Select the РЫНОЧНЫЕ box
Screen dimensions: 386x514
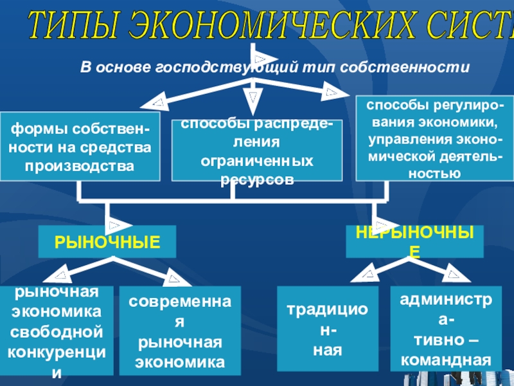click(107, 242)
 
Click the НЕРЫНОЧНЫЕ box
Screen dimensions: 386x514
click(414, 242)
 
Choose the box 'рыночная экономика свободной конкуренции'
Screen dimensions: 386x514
click(57, 331)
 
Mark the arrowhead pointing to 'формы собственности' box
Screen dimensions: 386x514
click(158, 102)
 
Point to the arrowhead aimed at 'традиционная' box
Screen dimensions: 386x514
click(368, 275)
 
